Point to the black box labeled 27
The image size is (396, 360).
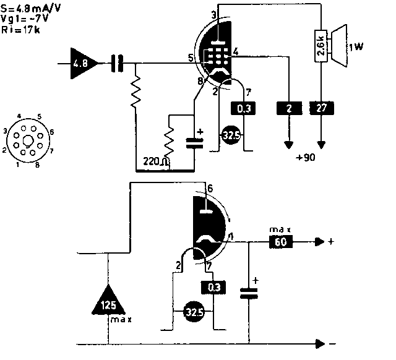(x=321, y=108)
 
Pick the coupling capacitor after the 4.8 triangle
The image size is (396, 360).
(x=116, y=62)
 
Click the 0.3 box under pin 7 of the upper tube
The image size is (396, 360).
(x=242, y=109)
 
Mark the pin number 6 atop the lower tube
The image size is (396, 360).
(x=210, y=188)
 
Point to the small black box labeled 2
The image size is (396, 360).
(x=288, y=108)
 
